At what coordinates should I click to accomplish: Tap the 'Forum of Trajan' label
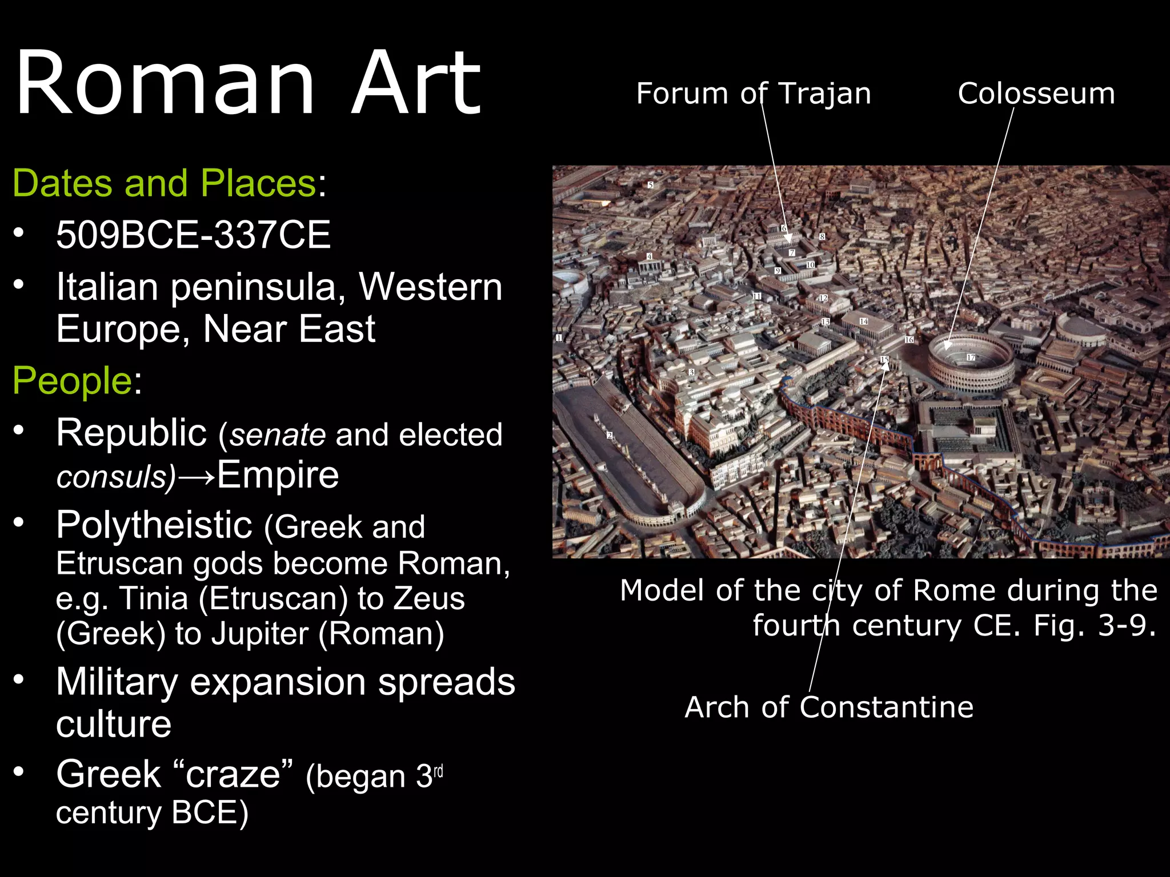(x=754, y=93)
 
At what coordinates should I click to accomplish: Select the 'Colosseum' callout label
(x=1036, y=93)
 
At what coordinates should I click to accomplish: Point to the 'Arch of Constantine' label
(x=829, y=707)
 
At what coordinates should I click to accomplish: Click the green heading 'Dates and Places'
(x=165, y=183)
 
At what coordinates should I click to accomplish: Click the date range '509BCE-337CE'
(x=194, y=235)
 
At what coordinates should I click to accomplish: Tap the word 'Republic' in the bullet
(x=131, y=433)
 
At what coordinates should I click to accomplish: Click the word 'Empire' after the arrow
(x=278, y=475)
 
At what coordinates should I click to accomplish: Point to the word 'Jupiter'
(x=259, y=634)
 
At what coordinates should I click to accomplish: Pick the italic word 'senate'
(x=278, y=435)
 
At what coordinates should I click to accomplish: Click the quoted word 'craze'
(x=233, y=775)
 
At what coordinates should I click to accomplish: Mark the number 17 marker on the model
(x=971, y=357)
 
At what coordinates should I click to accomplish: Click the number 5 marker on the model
(x=650, y=185)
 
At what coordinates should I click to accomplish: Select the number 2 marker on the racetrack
(x=610, y=436)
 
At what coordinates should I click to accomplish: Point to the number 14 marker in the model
(x=864, y=321)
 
